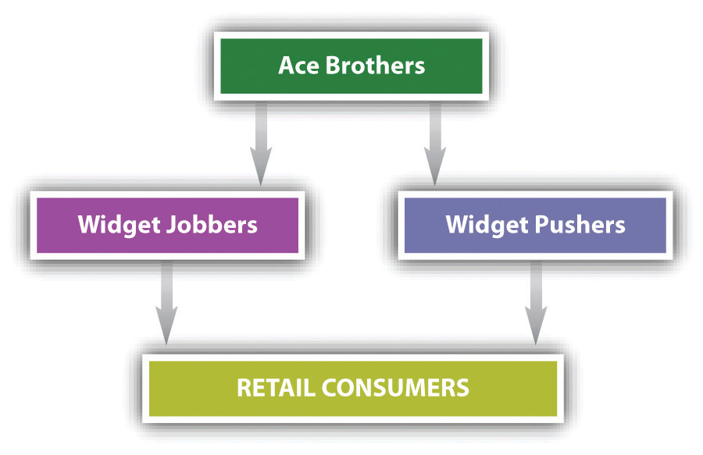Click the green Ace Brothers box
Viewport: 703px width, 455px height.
pyautogui.click(x=351, y=66)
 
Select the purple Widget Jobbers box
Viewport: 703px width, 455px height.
pyautogui.click(x=167, y=226)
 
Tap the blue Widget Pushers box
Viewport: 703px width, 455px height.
pyautogui.click(x=535, y=226)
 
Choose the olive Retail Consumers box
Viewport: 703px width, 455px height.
pyautogui.click(x=353, y=389)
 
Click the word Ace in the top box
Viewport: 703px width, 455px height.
pyautogui.click(x=298, y=66)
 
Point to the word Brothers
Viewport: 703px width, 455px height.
pyautogui.click(x=375, y=66)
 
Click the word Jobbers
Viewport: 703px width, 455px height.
pyautogui.click(x=212, y=225)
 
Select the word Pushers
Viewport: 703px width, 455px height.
pyautogui.click(x=580, y=225)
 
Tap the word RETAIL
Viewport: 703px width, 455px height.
pyautogui.click(x=276, y=388)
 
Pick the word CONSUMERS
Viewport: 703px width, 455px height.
pyautogui.click(x=395, y=388)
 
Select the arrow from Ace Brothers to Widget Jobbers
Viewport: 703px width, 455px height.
pyautogui.click(x=261, y=144)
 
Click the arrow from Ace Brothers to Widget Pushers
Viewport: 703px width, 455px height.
pyautogui.click(x=435, y=144)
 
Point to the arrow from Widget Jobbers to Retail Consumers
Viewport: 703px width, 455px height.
pyautogui.click(x=167, y=303)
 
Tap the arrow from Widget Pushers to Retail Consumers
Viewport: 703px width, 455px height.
pyautogui.click(x=536, y=303)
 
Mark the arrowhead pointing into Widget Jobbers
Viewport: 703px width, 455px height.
pyautogui.click(x=261, y=165)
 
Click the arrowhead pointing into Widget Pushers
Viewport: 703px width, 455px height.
pyautogui.click(x=435, y=165)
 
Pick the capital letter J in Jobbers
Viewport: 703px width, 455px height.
pyautogui.click(x=171, y=226)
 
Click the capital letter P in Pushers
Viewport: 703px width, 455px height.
pyautogui.click(x=542, y=224)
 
